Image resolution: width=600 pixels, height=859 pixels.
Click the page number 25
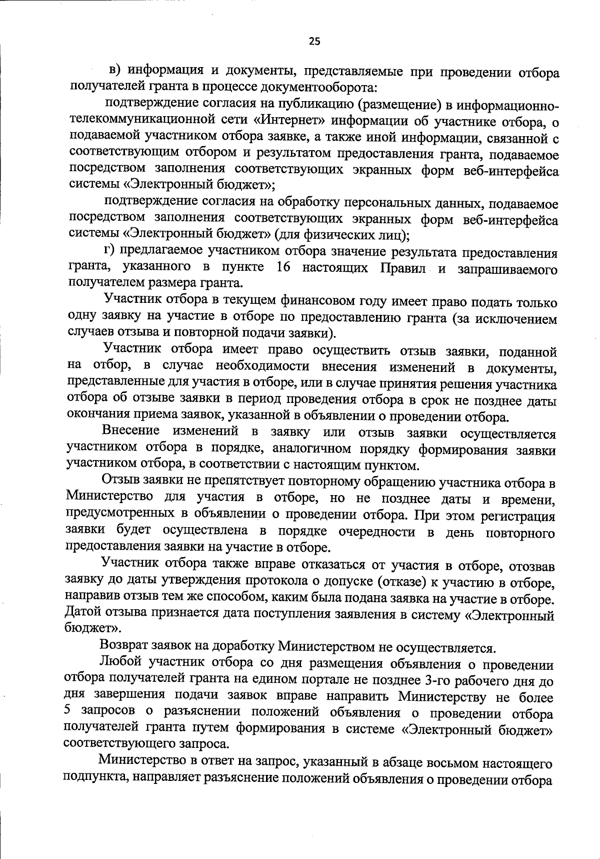(x=314, y=42)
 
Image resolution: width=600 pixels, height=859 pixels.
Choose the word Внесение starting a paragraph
(x=130, y=431)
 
